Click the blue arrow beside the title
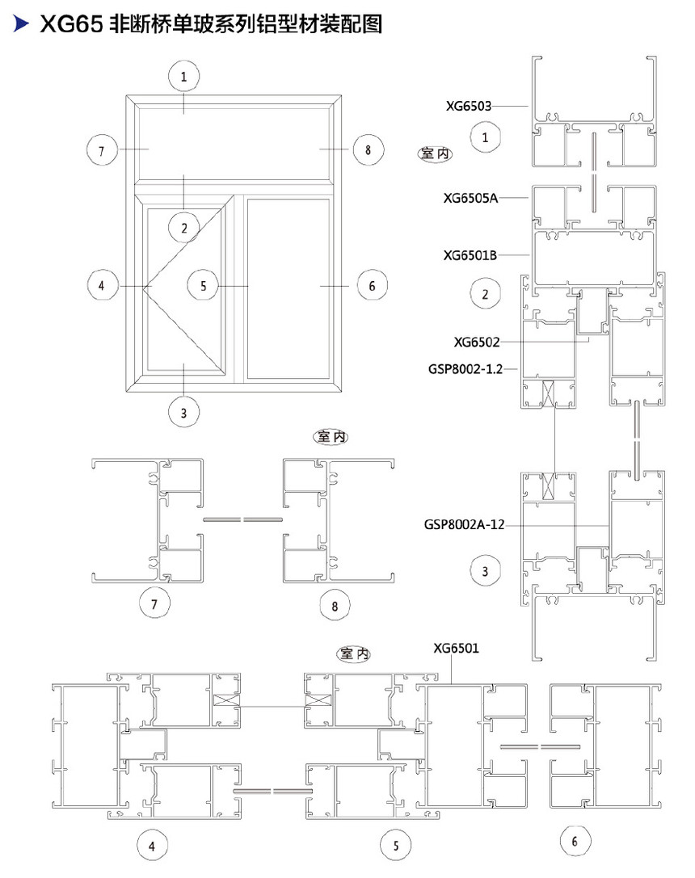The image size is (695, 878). [21, 23]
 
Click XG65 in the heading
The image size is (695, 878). [71, 24]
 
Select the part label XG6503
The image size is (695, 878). [468, 106]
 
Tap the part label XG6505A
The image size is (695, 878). [470, 198]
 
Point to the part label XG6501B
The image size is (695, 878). [470, 255]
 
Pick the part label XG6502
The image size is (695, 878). [477, 342]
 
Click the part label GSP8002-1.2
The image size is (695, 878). [465, 369]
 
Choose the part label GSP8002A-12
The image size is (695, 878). [464, 525]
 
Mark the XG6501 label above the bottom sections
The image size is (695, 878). [456, 649]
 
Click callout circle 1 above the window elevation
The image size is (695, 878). [183, 76]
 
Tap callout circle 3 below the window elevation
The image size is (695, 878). [183, 413]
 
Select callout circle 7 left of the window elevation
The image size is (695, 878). [102, 150]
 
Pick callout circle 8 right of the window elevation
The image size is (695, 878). [368, 149]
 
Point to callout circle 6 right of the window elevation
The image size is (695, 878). [372, 286]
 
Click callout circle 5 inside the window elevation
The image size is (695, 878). [203, 286]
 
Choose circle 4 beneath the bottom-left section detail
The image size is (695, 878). [152, 846]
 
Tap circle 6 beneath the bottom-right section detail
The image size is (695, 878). [575, 841]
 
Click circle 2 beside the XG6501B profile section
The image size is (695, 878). [485, 293]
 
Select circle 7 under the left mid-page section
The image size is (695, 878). [154, 603]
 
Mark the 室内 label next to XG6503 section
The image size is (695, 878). [435, 153]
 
